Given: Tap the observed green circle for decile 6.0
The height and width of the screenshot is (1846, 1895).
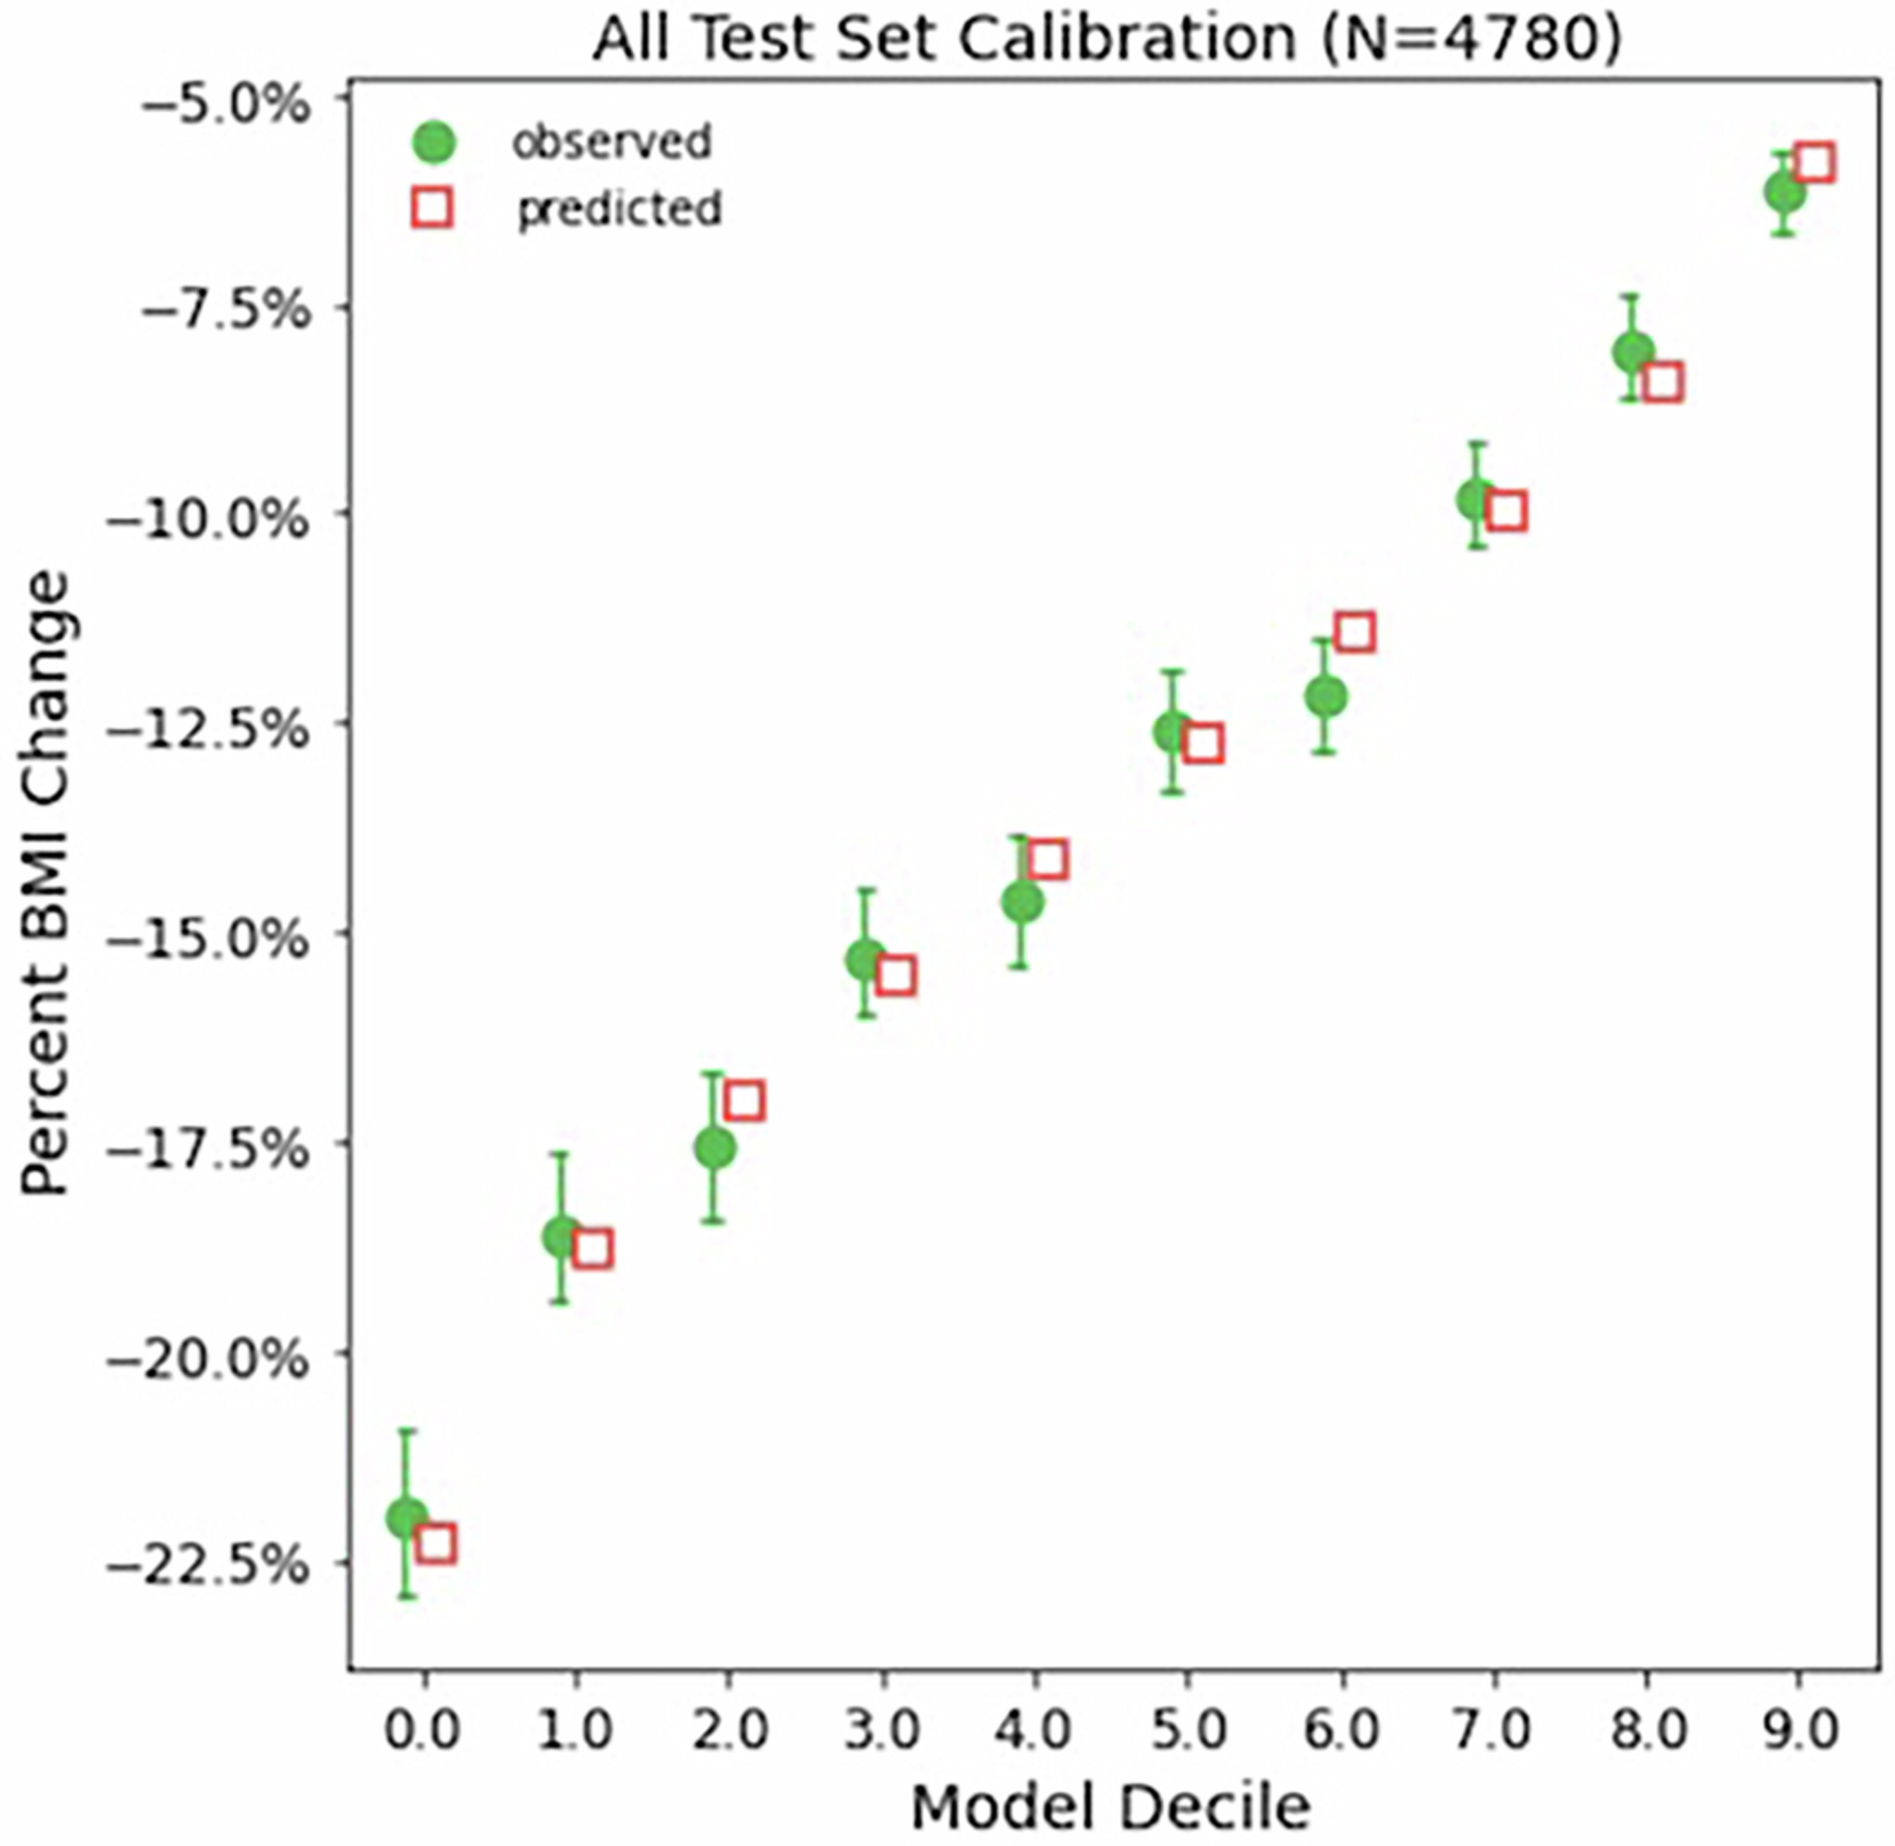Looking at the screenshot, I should [1325, 696].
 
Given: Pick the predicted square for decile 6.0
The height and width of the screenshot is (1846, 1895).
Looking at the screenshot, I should [1355, 633].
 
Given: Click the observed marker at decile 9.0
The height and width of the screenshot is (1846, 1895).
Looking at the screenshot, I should [1784, 193].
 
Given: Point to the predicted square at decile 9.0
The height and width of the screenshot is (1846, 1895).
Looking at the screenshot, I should [1815, 163].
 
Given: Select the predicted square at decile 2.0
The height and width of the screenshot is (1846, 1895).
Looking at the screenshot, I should [744, 1100].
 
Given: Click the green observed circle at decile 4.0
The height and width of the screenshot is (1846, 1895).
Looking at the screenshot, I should [1021, 903].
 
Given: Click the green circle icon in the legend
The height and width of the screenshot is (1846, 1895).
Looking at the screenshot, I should [433, 143].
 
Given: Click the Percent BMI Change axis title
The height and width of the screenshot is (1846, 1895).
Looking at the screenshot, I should [46, 882].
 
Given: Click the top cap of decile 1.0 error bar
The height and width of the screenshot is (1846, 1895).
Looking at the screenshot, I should [560, 1154].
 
